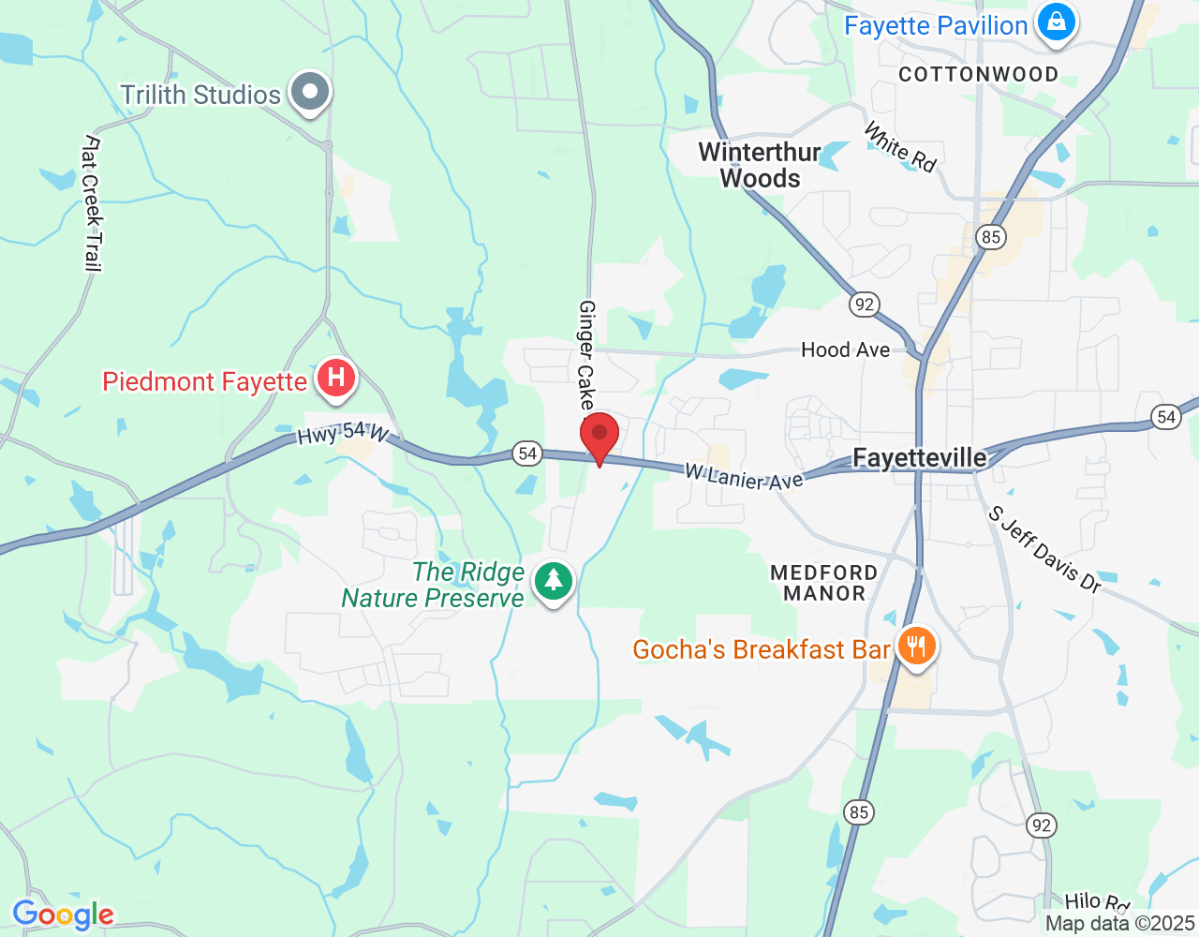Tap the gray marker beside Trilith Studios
309,93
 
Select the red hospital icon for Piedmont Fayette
336,379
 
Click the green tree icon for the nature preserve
554,581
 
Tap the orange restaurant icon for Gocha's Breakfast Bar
916,647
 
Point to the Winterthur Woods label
760,165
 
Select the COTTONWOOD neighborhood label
978,74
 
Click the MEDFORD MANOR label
824,583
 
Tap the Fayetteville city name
920,457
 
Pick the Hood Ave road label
845,350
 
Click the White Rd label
900,147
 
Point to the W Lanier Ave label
744,477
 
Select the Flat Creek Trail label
92,203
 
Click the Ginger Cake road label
586,355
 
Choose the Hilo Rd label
1097,901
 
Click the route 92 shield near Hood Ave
864,304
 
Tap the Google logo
64,915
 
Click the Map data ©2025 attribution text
1119,923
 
